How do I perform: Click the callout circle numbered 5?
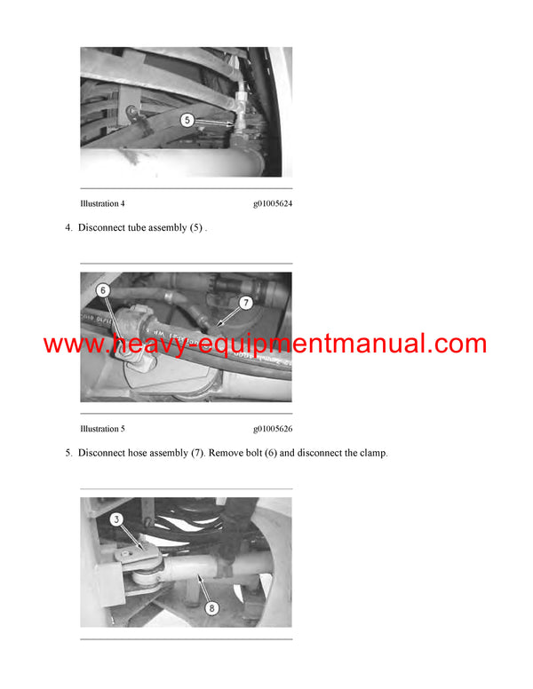tap(187, 120)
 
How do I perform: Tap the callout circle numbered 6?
tap(103, 290)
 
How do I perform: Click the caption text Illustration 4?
tap(102, 203)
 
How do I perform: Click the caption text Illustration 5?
tap(102, 429)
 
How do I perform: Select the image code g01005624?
tap(272, 203)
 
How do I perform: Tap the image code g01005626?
tap(272, 429)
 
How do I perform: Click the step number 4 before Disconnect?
tap(68, 228)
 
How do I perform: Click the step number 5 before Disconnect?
tap(68, 454)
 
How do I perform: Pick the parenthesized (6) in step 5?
tap(285, 454)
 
